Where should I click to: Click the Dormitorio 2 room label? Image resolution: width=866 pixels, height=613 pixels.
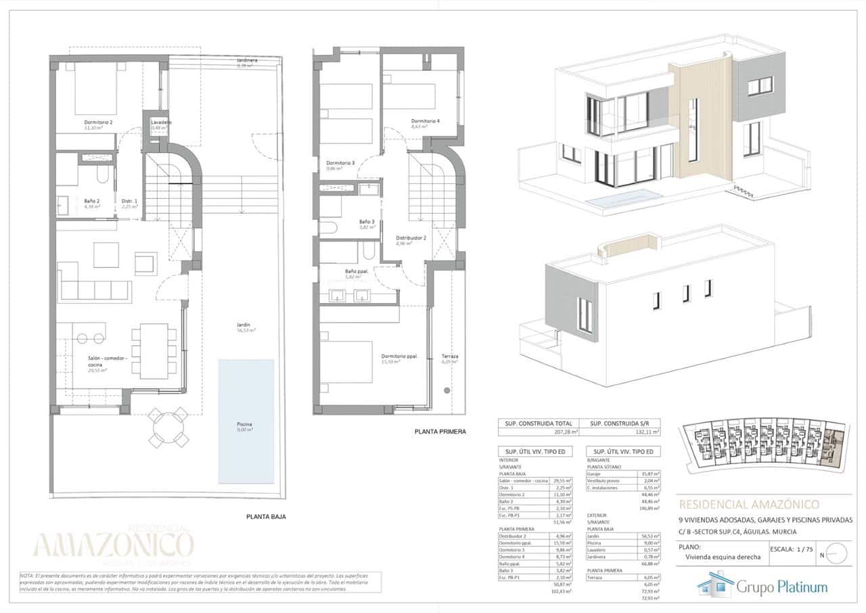pyautogui.click(x=98, y=122)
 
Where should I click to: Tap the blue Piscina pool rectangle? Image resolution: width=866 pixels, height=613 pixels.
pyautogui.click(x=246, y=421)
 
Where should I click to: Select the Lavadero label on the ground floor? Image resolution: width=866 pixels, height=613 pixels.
pyautogui.click(x=161, y=122)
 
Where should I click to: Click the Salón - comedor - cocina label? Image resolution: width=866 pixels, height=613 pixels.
pyautogui.click(x=108, y=361)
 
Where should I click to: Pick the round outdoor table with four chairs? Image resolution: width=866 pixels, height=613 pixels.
pyautogui.click(x=168, y=427)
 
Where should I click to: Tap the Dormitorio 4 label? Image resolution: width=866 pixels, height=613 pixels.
pyautogui.click(x=426, y=122)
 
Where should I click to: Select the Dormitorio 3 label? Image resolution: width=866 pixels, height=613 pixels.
pyautogui.click(x=340, y=164)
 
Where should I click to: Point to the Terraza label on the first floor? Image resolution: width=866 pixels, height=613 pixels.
pyautogui.click(x=449, y=358)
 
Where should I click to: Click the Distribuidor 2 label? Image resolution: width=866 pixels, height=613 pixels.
pyautogui.click(x=410, y=239)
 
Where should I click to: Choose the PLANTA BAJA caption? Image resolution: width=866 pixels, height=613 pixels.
pyautogui.click(x=265, y=516)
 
